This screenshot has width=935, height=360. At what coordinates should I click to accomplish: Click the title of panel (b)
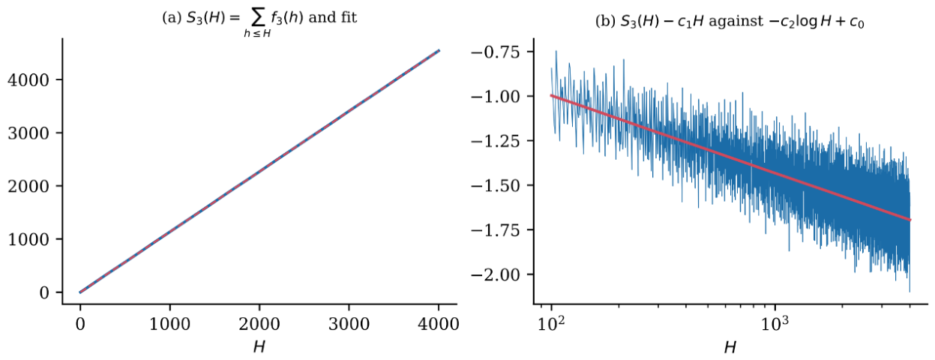[730, 21]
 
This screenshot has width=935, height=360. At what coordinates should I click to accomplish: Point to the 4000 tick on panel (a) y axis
[28, 80]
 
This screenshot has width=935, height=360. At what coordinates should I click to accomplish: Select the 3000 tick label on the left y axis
[28, 133]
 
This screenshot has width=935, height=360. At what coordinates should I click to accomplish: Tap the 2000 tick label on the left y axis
[28, 186]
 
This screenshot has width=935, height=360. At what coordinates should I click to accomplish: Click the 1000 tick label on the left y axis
[28, 239]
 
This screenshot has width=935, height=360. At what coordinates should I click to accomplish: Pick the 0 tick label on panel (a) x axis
[80, 324]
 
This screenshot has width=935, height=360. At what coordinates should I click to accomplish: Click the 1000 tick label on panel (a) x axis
[170, 324]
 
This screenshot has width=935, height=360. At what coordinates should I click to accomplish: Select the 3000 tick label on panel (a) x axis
[349, 324]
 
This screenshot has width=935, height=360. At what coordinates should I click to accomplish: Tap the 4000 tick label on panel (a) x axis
[439, 324]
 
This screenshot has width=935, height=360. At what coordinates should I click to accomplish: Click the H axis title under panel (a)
[259, 347]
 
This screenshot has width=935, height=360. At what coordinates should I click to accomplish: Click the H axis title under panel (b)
[730, 347]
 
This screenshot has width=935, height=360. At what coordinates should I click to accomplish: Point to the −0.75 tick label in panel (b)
[496, 52]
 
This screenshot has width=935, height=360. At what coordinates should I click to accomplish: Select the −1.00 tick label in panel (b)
[496, 97]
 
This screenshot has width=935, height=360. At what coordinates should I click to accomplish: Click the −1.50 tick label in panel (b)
[496, 185]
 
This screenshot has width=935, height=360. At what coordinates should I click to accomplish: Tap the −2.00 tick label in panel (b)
[496, 274]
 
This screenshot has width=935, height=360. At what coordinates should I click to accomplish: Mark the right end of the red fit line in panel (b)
[910, 220]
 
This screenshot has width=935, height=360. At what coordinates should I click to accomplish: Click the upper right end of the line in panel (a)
[439, 50]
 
